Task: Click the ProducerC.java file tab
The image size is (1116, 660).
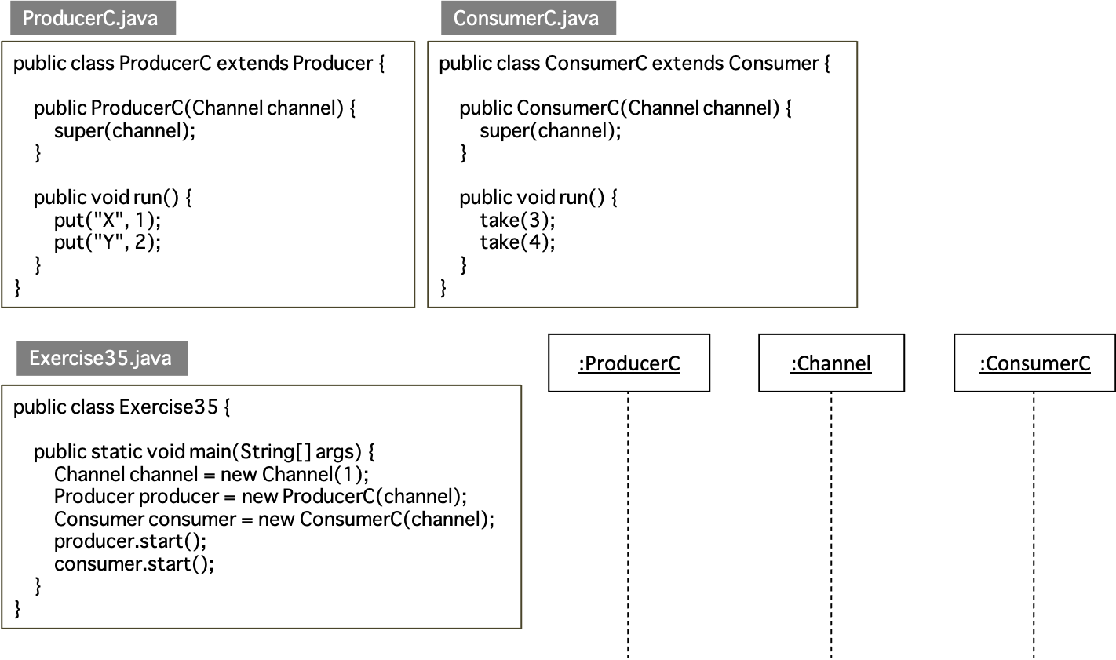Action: click(x=93, y=18)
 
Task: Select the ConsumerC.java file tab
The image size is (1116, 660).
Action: click(x=529, y=18)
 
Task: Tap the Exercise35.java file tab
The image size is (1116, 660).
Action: click(x=102, y=358)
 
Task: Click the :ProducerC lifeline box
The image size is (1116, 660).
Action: click(x=629, y=363)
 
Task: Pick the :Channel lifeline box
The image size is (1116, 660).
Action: click(x=832, y=363)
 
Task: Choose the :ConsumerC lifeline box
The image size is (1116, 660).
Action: click(x=1035, y=363)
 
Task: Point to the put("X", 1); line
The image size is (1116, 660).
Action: click(x=108, y=221)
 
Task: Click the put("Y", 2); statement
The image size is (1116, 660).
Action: click(x=108, y=242)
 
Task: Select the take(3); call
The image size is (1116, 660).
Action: click(x=518, y=221)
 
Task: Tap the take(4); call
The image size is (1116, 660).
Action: click(x=518, y=242)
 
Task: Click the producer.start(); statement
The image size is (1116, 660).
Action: click(x=130, y=541)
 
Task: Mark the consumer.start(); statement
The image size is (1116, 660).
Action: click(x=134, y=563)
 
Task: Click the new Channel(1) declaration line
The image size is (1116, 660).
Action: click(x=211, y=474)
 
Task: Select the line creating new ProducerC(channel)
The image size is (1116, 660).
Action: click(x=261, y=497)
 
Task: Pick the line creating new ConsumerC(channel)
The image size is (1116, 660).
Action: click(x=274, y=519)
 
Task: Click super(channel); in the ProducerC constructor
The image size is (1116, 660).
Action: click(x=125, y=131)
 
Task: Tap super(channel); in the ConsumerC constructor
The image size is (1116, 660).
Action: click(x=550, y=131)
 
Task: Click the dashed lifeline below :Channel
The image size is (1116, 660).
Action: click(x=832, y=525)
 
